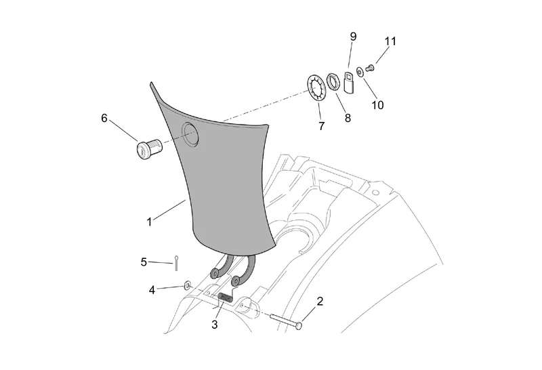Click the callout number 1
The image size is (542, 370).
click(149, 222)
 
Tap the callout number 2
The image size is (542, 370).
click(320, 301)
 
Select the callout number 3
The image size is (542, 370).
click(215, 325)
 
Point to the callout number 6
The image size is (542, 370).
click(104, 119)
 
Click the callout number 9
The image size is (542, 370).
click(353, 37)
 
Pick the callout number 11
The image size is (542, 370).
click(391, 41)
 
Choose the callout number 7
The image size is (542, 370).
click(322, 126)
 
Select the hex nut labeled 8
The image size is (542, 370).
click(334, 81)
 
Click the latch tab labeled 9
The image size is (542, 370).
click(350, 82)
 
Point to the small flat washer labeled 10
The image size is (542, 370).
click(360, 72)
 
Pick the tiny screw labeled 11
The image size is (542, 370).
click(370, 68)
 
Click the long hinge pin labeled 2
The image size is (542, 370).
click(285, 321)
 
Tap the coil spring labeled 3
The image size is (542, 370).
click(226, 297)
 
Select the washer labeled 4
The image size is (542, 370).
click(187, 285)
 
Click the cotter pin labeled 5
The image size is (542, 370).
click(176, 263)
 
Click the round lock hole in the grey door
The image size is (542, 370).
click(190, 134)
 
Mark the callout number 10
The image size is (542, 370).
click(377, 105)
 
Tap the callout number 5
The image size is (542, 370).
click(144, 262)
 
